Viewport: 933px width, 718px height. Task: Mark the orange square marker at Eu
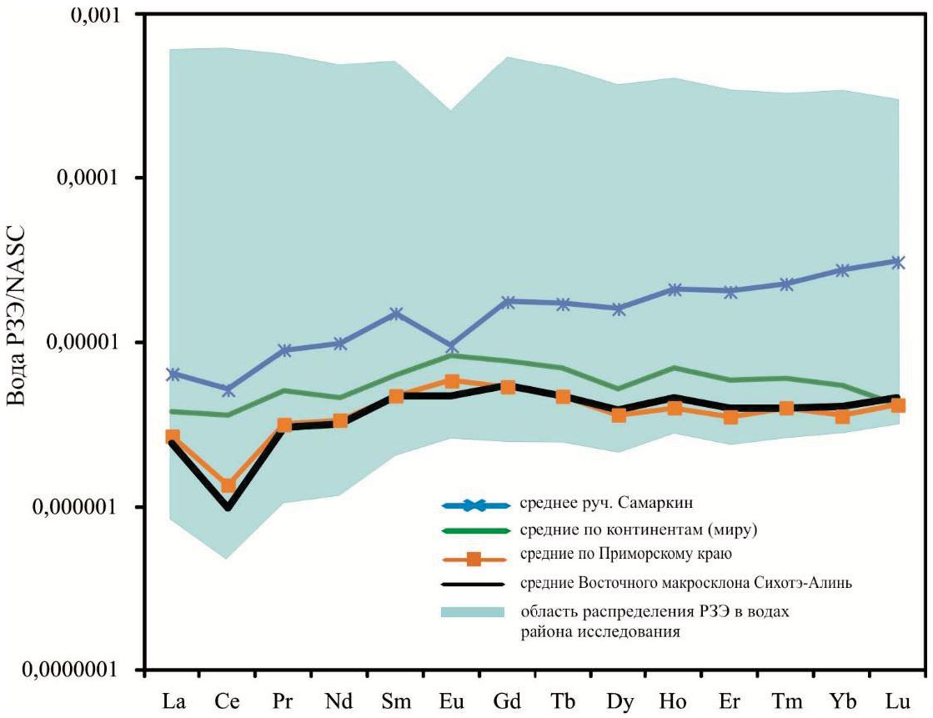point(451,381)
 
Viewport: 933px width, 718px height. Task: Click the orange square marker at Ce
point(228,485)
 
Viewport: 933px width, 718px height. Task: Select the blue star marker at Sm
point(395,314)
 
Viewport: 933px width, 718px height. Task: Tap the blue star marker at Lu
point(898,262)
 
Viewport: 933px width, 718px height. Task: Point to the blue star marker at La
point(173,374)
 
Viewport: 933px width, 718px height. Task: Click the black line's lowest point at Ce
point(228,506)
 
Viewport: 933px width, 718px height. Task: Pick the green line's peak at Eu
point(451,355)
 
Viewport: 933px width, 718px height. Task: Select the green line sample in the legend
point(474,530)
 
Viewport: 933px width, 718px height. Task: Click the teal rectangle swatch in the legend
point(473,612)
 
